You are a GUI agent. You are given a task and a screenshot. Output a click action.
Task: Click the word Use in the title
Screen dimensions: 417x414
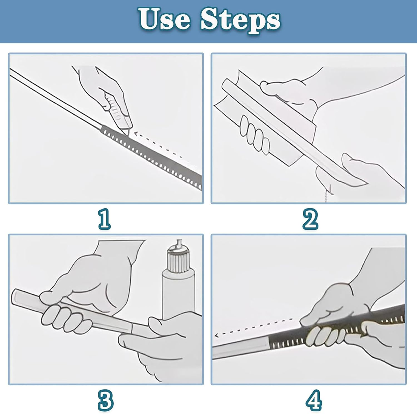point(165,19)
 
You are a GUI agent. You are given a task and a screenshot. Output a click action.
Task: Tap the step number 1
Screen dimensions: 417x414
point(105,219)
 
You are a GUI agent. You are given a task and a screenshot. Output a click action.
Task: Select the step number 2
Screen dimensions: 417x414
point(310,219)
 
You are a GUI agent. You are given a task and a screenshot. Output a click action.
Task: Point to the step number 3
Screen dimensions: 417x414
point(106,400)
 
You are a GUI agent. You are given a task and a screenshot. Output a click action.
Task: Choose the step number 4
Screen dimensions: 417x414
point(314,400)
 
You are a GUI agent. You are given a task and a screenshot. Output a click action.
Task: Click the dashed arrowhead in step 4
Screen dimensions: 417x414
point(217,336)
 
